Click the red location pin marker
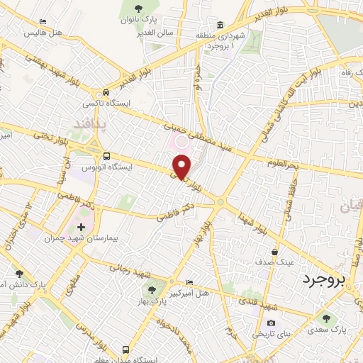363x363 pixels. [x=182, y=167]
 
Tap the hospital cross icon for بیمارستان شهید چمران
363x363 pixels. [x=80, y=228]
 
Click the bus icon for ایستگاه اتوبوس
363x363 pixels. [x=106, y=156]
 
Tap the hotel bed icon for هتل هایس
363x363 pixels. [x=43, y=23]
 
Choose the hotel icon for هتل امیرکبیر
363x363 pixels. [x=189, y=281]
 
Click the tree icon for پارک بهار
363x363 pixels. [x=151, y=289]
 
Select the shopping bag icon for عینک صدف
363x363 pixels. [x=274, y=252]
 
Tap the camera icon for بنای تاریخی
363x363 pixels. [x=269, y=322]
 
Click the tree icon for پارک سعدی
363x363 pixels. [x=326, y=319]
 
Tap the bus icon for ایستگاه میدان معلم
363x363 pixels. [x=125, y=350]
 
